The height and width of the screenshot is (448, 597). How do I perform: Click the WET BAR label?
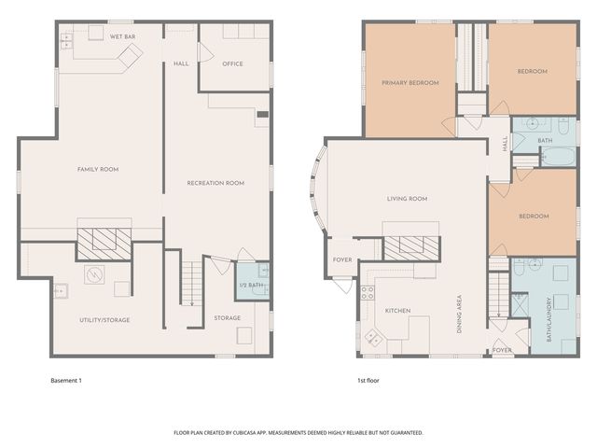point(122,37)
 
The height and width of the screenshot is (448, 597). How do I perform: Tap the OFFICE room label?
point(232,64)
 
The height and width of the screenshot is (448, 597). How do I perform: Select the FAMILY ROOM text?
point(98,169)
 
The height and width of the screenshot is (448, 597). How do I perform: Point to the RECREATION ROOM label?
point(215,183)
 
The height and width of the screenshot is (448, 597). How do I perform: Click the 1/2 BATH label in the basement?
point(251,285)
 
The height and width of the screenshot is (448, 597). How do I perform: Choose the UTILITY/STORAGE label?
point(104,320)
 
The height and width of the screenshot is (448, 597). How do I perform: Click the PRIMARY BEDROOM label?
point(410,83)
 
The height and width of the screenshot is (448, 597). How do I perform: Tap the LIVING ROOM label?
point(407,199)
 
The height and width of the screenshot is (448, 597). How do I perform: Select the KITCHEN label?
point(398,311)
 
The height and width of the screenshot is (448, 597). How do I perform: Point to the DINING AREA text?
point(459,315)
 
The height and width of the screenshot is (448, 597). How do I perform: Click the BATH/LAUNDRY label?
point(549,319)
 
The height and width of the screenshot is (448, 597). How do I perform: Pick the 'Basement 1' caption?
point(66,381)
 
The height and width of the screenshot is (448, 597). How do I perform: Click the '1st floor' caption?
point(368,381)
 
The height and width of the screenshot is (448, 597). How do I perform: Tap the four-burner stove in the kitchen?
point(368,293)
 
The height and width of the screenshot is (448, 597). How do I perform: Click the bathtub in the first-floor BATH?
point(559,157)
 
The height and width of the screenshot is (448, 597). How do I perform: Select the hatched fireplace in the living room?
point(412,248)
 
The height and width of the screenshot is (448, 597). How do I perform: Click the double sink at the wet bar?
point(66,41)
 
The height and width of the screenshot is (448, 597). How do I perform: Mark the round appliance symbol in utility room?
point(94,274)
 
